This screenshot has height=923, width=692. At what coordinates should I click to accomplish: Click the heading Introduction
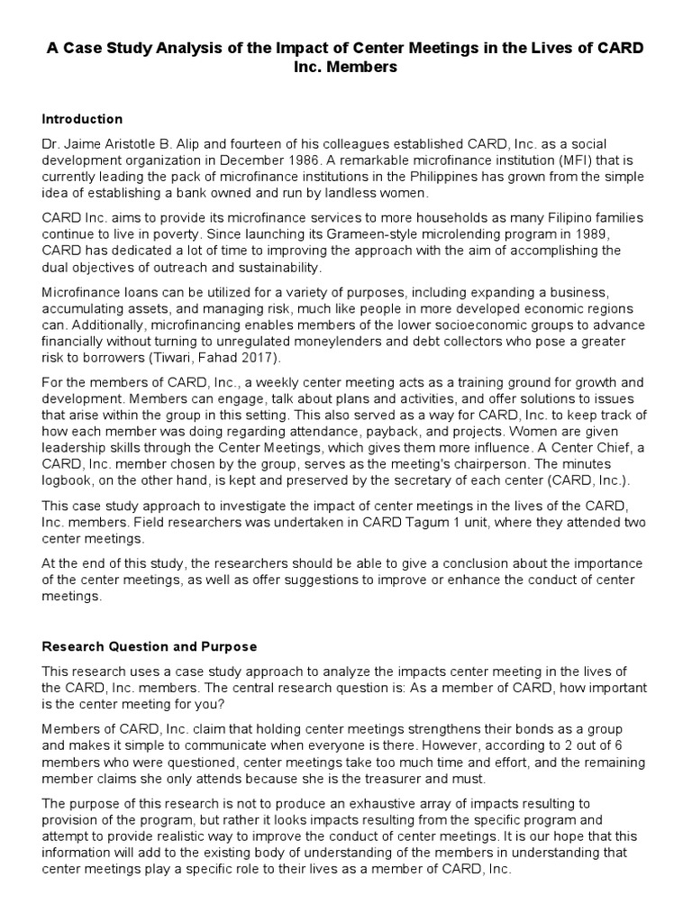click(82, 119)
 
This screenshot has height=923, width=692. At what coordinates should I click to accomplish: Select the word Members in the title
click(366, 68)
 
